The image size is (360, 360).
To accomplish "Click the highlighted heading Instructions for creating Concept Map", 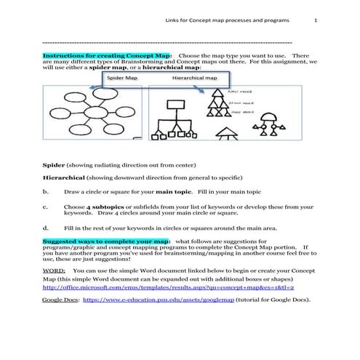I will coord(107,55).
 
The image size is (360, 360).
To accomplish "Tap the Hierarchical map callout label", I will coord(194,77).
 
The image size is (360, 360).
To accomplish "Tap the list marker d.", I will coord(46,227).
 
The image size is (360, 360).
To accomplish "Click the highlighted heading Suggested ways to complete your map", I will coord(107,240).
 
